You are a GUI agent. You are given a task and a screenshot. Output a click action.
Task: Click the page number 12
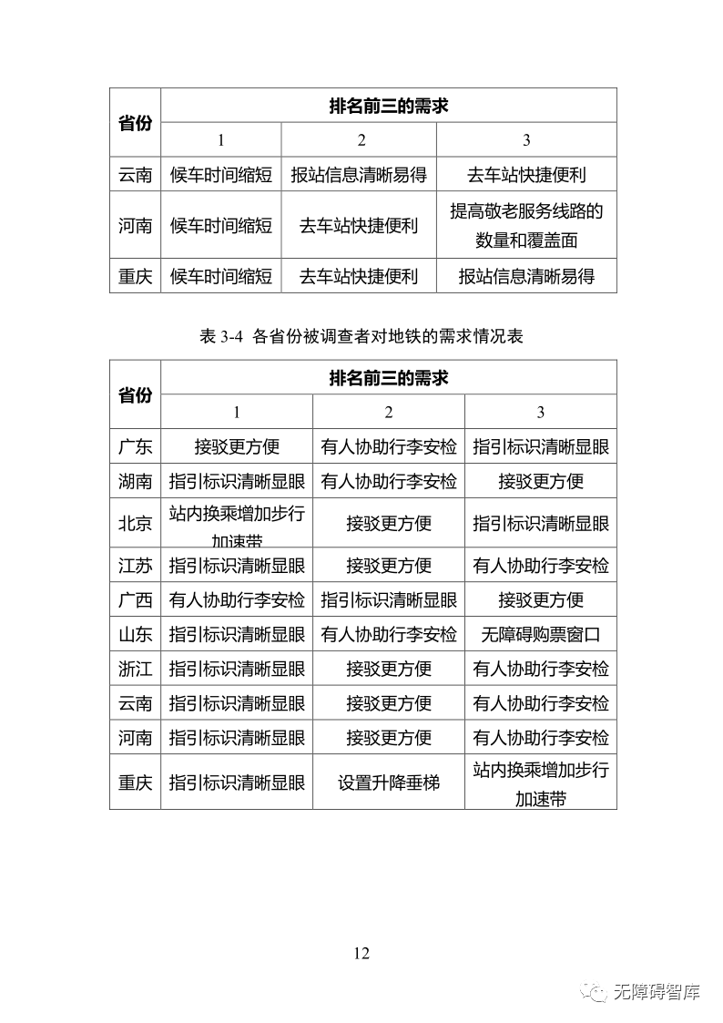361,953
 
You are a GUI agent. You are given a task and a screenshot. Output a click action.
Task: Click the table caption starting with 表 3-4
361,336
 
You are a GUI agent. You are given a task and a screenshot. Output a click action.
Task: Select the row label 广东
135,446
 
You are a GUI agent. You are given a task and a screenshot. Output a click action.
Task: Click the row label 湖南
135,481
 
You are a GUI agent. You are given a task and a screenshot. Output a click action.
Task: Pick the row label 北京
135,524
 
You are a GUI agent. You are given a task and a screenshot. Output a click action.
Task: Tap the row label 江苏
135,566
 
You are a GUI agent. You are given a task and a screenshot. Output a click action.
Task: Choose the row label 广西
135,600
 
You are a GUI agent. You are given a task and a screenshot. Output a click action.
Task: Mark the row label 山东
135,635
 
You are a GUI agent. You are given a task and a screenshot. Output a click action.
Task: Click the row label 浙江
135,669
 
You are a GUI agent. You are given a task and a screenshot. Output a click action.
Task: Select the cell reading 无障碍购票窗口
541,635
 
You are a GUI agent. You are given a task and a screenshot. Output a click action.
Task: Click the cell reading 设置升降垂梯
389,782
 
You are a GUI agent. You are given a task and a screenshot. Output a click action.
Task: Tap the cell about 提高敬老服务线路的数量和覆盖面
526,225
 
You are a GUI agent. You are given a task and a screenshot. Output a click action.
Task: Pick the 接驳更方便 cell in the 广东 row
237,446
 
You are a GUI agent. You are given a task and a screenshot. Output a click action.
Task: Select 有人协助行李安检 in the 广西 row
237,600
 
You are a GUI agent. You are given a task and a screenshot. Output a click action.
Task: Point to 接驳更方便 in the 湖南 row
541,481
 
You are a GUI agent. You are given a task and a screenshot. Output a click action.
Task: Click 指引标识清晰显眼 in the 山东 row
237,635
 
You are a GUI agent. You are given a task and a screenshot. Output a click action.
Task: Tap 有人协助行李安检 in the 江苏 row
541,566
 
